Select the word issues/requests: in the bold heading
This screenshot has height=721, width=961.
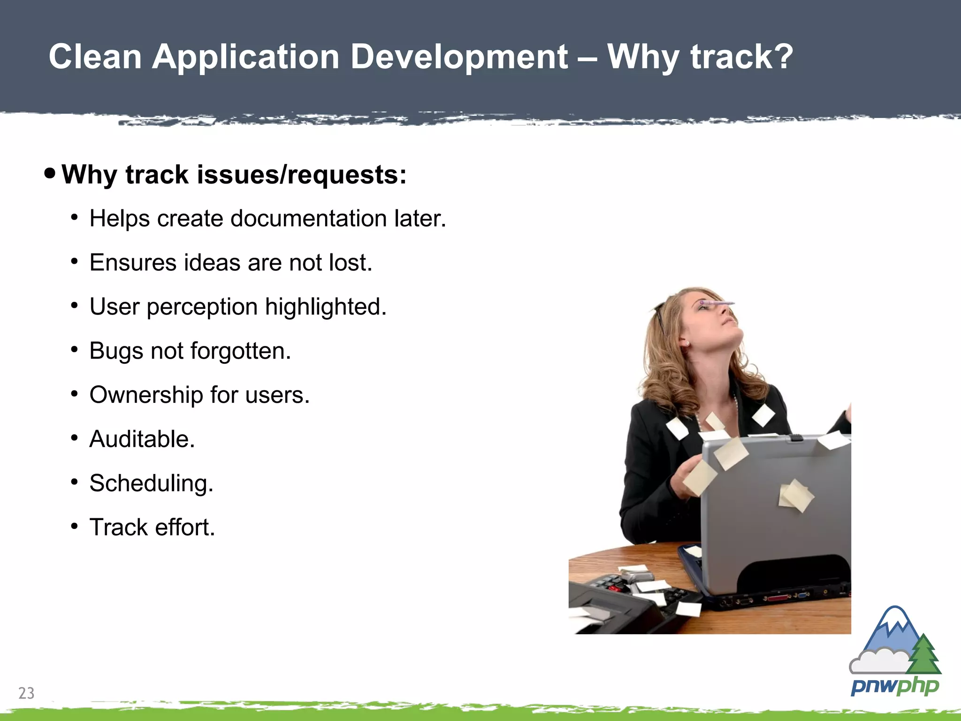(302, 175)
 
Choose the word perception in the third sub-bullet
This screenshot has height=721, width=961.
(202, 307)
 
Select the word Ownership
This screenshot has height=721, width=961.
(146, 395)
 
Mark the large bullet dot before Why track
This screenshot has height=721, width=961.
(50, 174)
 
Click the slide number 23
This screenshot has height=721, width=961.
(26, 693)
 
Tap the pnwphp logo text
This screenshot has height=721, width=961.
(894, 686)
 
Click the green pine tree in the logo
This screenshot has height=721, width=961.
(923, 655)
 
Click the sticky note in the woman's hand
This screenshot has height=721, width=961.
(700, 477)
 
